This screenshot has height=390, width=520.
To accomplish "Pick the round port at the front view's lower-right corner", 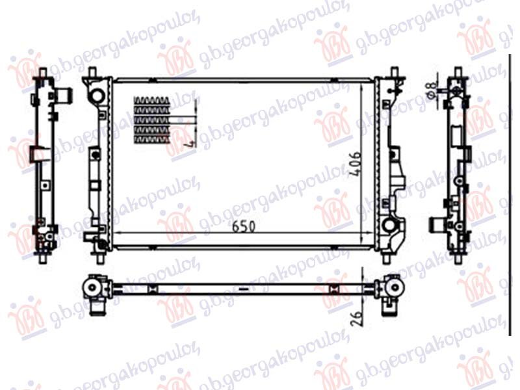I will click(x=389, y=226).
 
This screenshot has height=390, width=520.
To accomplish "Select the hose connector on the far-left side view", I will click(x=64, y=96).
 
